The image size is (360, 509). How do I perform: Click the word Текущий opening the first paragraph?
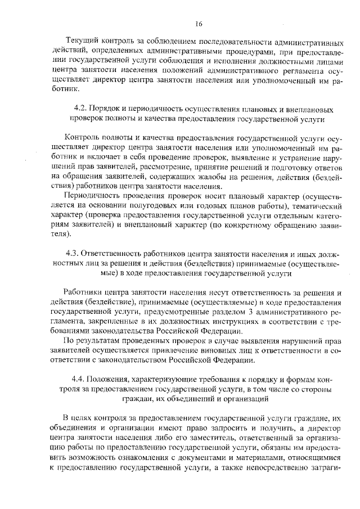(x=83, y=42)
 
